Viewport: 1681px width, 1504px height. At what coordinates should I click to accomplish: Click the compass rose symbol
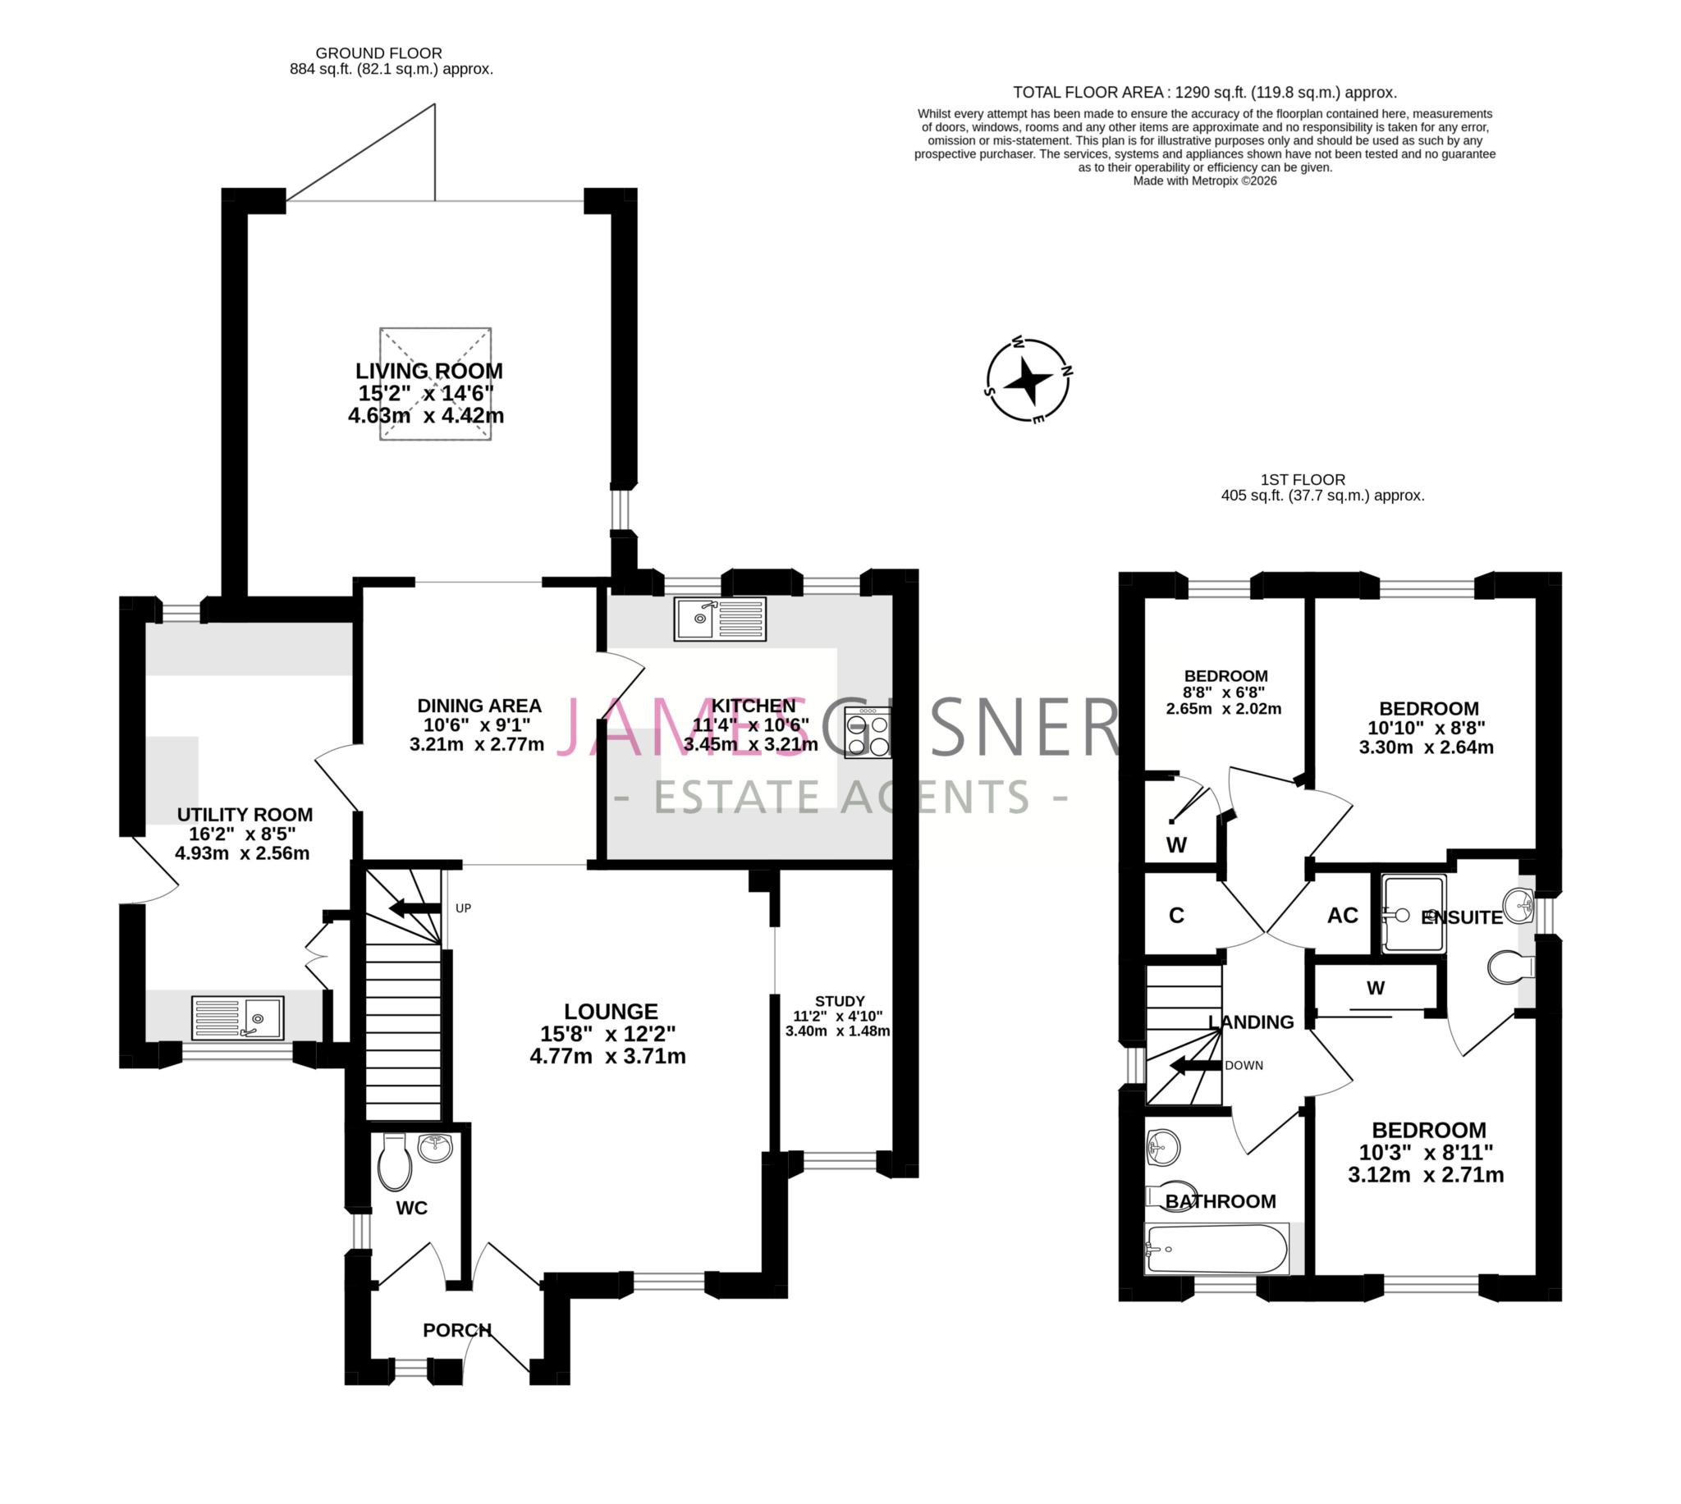[x=1028, y=380]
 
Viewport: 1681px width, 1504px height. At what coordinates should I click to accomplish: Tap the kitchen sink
[x=720, y=619]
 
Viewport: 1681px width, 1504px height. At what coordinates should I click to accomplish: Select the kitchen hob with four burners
[x=867, y=734]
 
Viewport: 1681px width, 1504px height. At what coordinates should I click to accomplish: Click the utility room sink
[x=237, y=1017]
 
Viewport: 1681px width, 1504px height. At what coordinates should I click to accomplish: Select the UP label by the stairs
[x=463, y=908]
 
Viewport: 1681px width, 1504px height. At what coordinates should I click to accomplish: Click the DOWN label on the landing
[x=1243, y=1065]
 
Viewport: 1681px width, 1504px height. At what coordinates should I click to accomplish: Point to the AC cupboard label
[x=1342, y=915]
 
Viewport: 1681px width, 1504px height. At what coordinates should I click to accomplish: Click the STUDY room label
[x=840, y=1001]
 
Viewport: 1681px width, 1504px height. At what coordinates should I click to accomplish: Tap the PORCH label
[x=457, y=1329]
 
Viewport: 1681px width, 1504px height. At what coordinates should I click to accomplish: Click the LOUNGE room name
[x=611, y=1011]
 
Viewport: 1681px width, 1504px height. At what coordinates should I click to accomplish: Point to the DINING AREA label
[x=479, y=705]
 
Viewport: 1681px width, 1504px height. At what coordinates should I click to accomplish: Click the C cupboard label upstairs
[x=1176, y=915]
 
